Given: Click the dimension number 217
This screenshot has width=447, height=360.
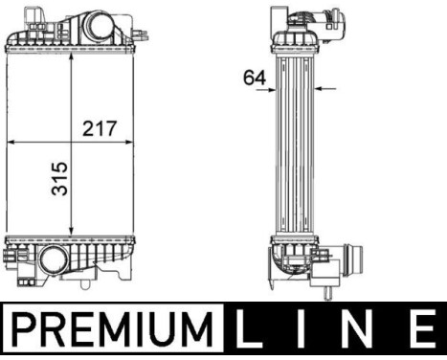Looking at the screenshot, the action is click(100, 128).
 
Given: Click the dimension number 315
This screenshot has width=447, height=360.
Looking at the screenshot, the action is click(59, 179).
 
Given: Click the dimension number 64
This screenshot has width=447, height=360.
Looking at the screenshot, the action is click(255, 78).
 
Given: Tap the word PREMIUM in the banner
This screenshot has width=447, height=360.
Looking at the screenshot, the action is click(113, 329).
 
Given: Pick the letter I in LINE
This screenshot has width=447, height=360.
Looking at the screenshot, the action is click(302, 329).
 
